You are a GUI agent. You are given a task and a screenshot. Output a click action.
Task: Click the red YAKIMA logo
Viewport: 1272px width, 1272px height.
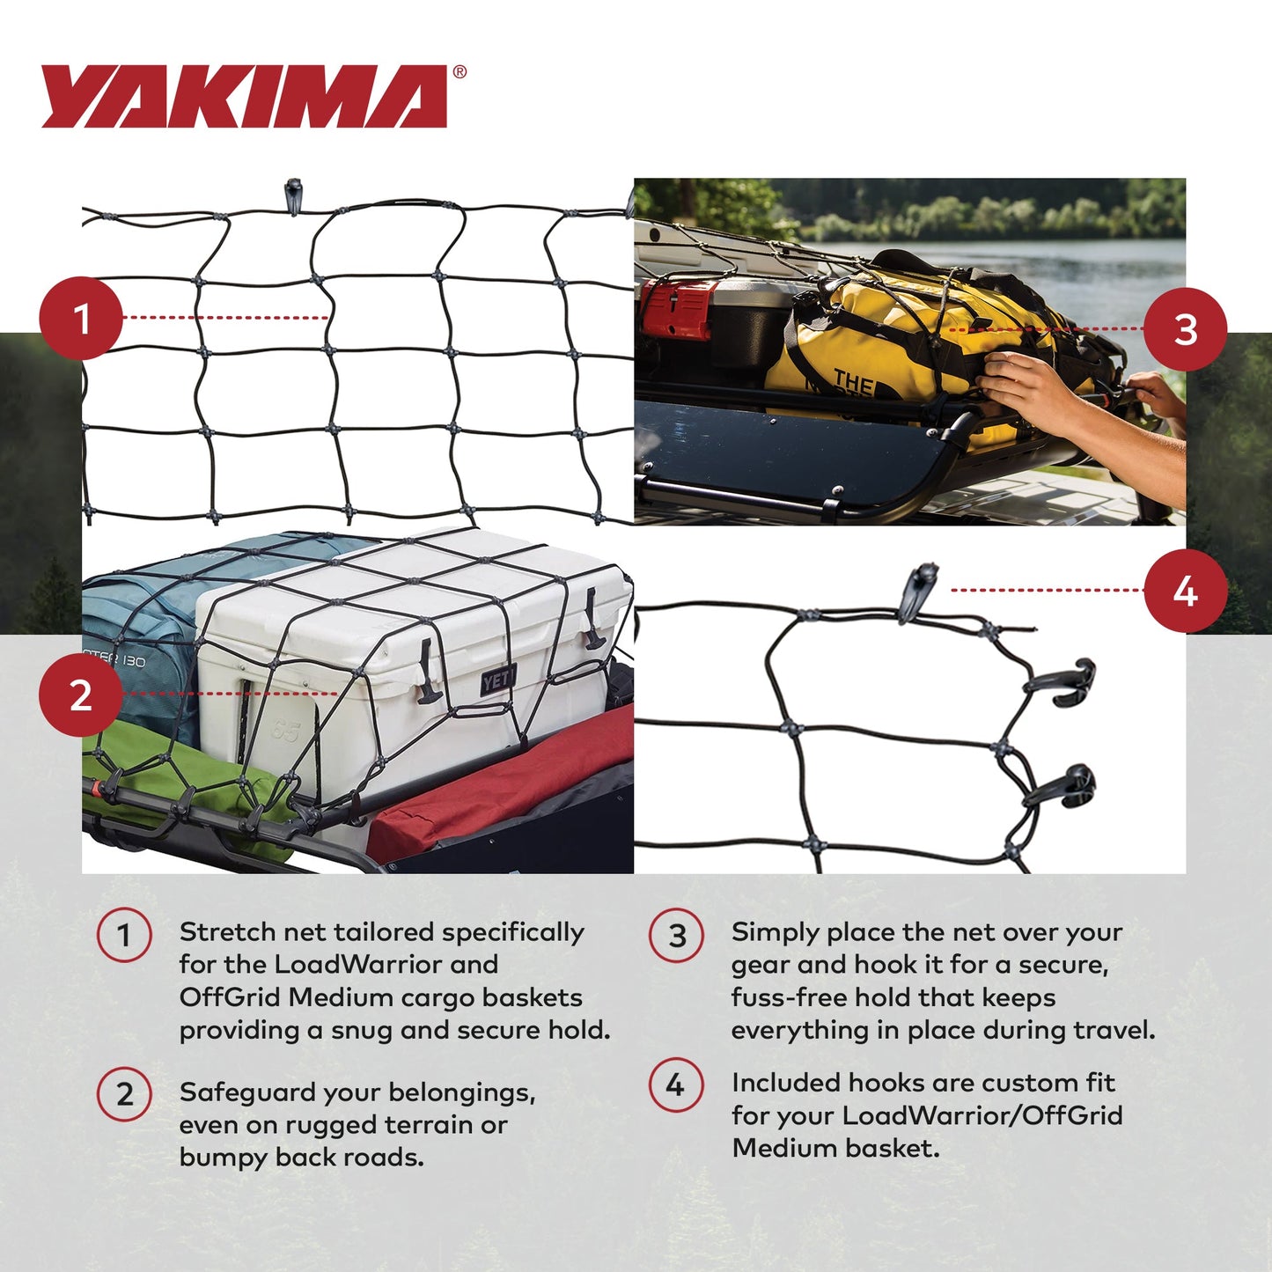[245, 97]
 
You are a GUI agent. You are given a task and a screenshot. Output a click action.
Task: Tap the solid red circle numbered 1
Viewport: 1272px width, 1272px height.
[81, 318]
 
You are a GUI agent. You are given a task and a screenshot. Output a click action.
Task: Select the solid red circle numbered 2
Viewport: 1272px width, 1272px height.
[81, 695]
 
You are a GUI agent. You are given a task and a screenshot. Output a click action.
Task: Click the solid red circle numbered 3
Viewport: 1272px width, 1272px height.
[1185, 329]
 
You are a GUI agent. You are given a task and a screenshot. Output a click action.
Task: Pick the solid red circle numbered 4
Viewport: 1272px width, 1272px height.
[1185, 591]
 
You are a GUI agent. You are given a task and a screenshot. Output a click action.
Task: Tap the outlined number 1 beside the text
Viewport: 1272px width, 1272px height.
[124, 935]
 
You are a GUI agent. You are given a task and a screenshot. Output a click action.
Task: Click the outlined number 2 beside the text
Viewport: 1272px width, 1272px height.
[124, 1094]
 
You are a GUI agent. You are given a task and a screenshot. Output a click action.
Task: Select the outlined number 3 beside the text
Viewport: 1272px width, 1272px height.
[676, 935]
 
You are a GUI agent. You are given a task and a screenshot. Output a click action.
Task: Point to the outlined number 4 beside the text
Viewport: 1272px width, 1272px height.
[676, 1085]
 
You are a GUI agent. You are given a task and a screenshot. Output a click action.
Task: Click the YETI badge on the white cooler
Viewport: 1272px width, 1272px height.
[497, 680]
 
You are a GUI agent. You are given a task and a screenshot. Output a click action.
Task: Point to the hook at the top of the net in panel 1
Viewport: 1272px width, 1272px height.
[293, 195]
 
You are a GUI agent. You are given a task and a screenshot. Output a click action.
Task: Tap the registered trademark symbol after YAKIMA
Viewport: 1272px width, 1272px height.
[460, 73]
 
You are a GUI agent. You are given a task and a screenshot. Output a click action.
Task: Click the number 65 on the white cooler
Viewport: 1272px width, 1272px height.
[284, 731]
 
